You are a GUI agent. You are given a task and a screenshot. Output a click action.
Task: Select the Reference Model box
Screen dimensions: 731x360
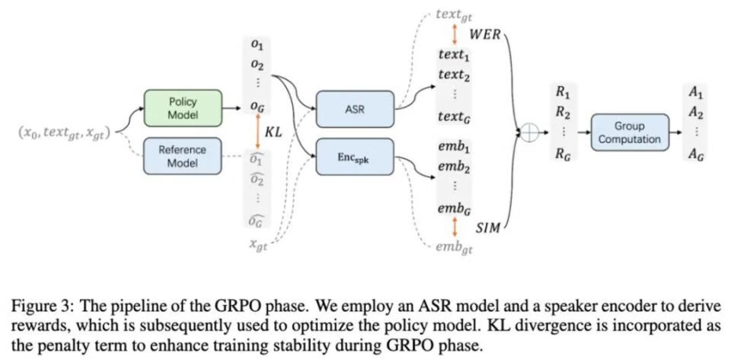(181, 156)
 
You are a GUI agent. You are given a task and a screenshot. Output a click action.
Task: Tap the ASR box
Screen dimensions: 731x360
(355, 109)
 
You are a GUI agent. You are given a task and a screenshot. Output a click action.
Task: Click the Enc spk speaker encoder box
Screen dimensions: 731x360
(355, 157)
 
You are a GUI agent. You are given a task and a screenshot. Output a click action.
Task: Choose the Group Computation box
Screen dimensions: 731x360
(630, 132)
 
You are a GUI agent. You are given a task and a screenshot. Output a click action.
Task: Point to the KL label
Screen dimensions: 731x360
(274, 132)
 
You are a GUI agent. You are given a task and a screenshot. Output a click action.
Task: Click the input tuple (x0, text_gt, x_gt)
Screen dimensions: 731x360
(64, 132)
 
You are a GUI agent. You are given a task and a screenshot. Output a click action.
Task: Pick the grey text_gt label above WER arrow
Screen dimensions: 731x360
(454, 14)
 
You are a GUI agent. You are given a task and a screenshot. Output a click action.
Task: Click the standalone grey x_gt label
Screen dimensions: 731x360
(257, 245)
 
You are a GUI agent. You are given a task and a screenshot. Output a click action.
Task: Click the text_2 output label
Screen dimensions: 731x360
(454, 75)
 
